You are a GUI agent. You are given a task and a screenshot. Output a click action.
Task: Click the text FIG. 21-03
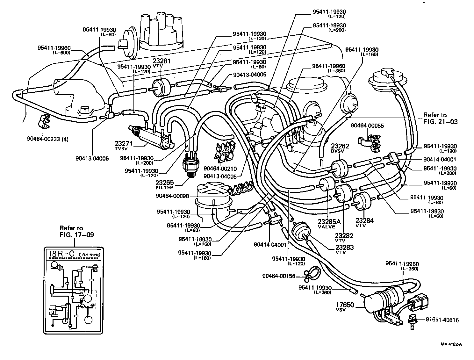[440, 121]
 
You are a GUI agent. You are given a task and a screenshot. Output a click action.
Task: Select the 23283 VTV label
[344, 249]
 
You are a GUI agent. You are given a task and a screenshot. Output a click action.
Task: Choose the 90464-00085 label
[367, 126]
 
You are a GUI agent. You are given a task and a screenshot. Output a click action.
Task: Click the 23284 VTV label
[364, 222]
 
